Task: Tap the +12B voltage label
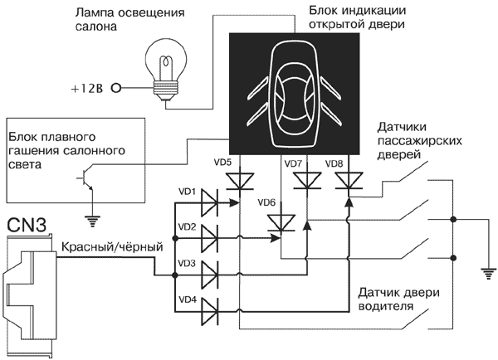point(90,87)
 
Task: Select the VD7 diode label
point(292,163)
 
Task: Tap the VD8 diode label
point(334,163)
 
